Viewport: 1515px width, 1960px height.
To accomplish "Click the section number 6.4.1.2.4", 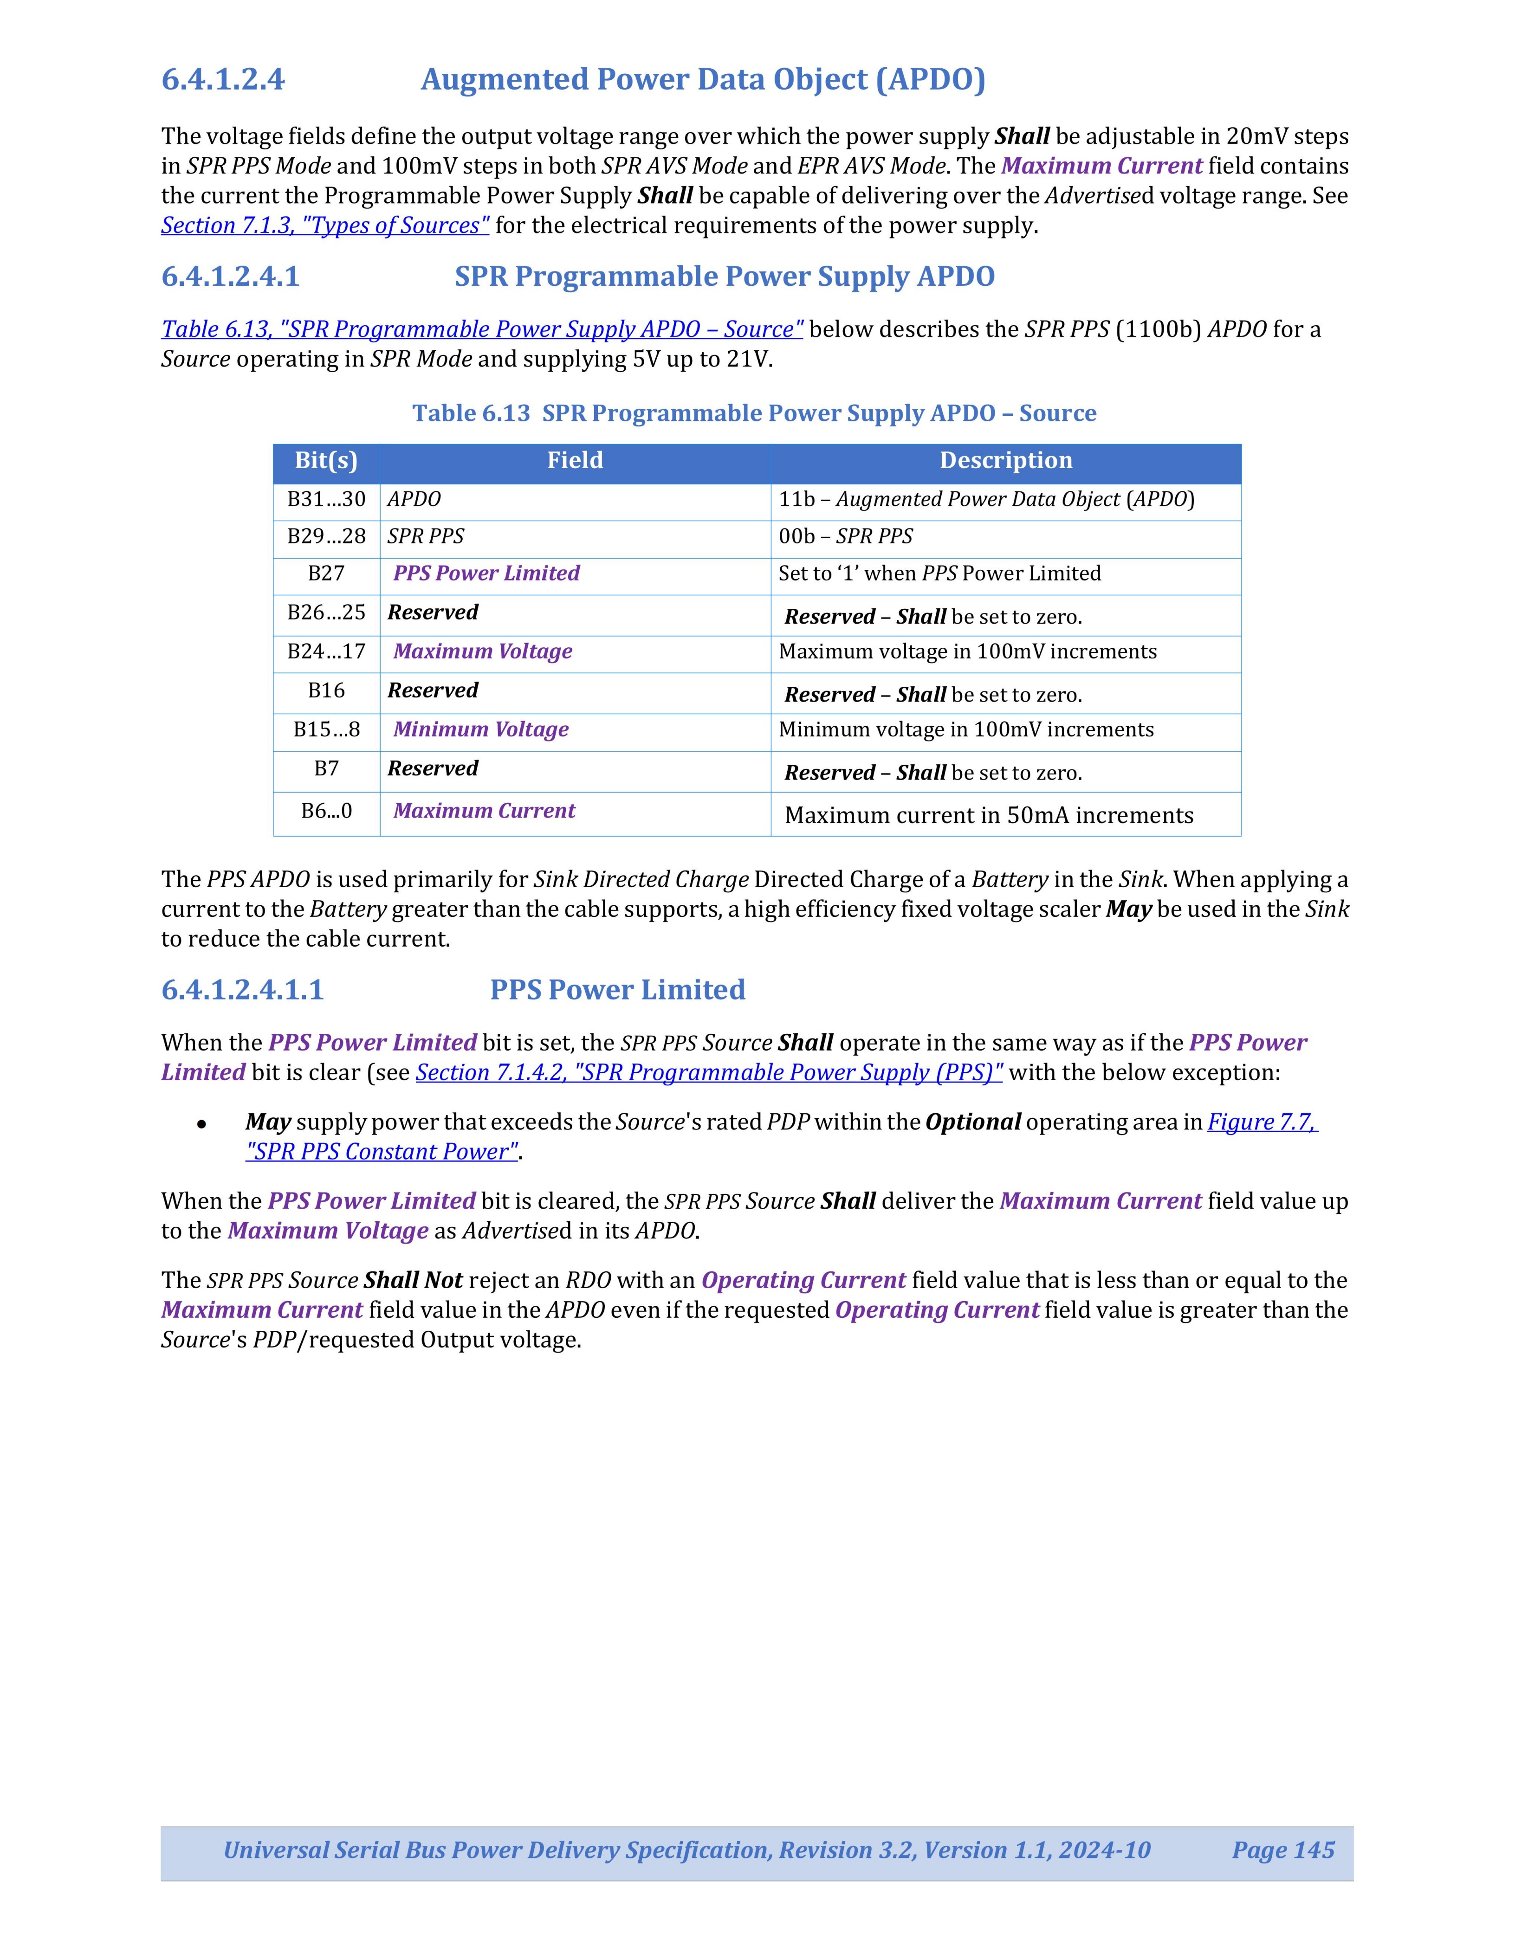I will [223, 80].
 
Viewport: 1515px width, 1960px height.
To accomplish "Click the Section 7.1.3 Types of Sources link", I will [325, 225].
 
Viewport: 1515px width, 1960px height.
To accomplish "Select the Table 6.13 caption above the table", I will [754, 413].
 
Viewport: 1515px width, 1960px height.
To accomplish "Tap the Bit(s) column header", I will [326, 460].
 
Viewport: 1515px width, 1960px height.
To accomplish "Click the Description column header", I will [1005, 460].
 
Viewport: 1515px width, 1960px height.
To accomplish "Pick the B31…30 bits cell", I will [326, 499].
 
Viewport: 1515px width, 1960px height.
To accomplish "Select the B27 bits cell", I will [326, 574].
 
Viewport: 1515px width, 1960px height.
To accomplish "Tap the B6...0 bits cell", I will [326, 811].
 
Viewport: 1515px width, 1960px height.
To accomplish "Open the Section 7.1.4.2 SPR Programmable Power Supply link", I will [709, 1072].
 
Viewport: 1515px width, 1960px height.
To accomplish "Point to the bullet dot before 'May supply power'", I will [203, 1123].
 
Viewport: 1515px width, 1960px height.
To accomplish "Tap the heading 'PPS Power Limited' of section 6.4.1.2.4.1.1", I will [617, 990].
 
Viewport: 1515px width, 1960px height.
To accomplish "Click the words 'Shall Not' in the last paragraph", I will [413, 1281].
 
